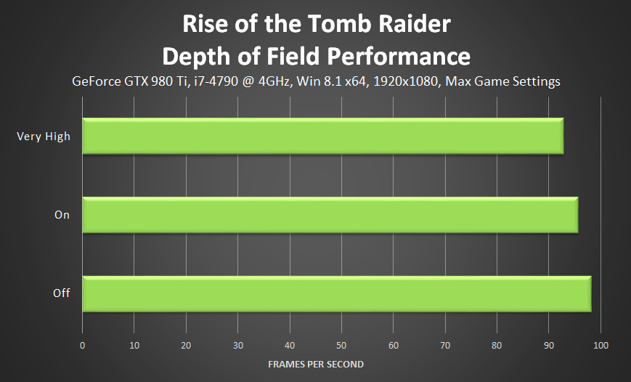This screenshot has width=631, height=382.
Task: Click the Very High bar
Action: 322,136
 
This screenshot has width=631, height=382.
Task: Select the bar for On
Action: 330,214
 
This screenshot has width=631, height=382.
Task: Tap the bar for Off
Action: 336,293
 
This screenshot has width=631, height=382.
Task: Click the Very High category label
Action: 44,136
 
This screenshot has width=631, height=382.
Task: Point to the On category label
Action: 62,215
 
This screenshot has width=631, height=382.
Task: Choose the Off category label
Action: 62,293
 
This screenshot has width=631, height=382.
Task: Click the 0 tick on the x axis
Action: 83,344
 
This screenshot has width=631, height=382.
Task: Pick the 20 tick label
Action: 186,344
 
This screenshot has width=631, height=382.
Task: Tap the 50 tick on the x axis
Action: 341,344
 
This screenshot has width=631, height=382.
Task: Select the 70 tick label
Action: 445,344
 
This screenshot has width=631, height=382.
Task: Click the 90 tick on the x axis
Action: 549,344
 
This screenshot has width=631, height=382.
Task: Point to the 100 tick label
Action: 601,344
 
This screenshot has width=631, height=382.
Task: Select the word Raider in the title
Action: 413,25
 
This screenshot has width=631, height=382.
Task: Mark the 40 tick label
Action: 290,344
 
